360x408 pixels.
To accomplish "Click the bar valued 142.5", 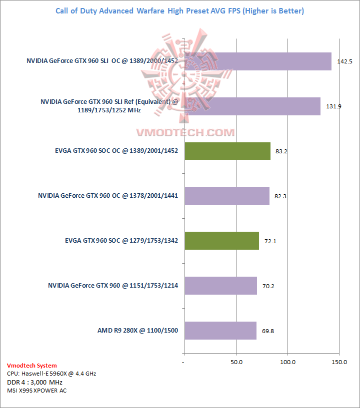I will [x=257, y=61].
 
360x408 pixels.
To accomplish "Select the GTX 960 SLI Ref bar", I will [x=252, y=106].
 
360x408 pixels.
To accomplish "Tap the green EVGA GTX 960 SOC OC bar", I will [x=227, y=151].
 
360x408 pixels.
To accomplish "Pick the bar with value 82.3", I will [x=226, y=196].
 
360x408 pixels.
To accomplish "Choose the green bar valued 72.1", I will [x=221, y=240].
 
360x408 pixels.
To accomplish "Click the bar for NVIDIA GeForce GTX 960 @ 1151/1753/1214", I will [x=220, y=286].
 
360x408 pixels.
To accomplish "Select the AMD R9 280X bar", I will [x=220, y=331].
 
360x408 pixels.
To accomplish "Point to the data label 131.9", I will [x=333, y=106].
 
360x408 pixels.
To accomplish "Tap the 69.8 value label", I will [x=268, y=331].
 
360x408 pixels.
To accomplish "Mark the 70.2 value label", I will [x=269, y=286].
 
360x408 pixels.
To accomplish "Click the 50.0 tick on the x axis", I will [x=236, y=362].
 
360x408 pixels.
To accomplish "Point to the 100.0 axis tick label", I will [x=288, y=362].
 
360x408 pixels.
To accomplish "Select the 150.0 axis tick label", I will [x=339, y=362].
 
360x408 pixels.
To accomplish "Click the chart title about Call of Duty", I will [x=179, y=10].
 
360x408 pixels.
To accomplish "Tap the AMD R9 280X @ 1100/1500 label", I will [x=138, y=331].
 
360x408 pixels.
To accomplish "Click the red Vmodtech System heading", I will [x=32, y=366].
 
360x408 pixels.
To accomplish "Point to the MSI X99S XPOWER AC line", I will [x=36, y=391].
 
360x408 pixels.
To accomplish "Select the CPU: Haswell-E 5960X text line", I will [x=51, y=374].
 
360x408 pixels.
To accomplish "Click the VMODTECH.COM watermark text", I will [x=185, y=132].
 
